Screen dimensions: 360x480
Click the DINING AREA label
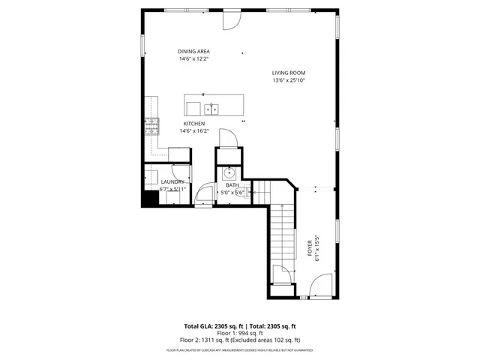193,51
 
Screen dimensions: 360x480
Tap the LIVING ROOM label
288,73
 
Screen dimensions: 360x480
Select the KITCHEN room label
194,123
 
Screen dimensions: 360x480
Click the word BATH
232,184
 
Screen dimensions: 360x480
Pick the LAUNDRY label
172,181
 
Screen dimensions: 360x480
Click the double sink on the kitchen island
213,109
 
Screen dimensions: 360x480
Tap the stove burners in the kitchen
152,126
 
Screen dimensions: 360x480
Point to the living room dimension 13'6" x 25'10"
288,80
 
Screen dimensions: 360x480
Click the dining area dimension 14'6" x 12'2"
193,58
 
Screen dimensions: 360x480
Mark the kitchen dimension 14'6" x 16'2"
194,130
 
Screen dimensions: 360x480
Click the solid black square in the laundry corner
150,199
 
